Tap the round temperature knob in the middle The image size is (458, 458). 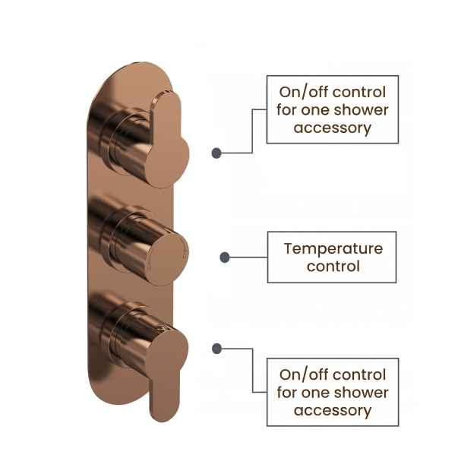167,256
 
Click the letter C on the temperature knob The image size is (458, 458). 185,256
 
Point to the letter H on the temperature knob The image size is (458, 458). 150,269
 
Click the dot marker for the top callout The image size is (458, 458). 216,153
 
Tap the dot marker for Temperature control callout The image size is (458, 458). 224,257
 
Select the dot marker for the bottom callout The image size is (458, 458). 216,349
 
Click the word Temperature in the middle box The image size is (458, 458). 333,249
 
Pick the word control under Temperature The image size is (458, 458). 333,267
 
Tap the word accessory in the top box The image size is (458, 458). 333,128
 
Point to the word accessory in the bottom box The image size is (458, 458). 333,411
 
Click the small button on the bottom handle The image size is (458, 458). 162,327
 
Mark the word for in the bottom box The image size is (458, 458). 287,393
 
